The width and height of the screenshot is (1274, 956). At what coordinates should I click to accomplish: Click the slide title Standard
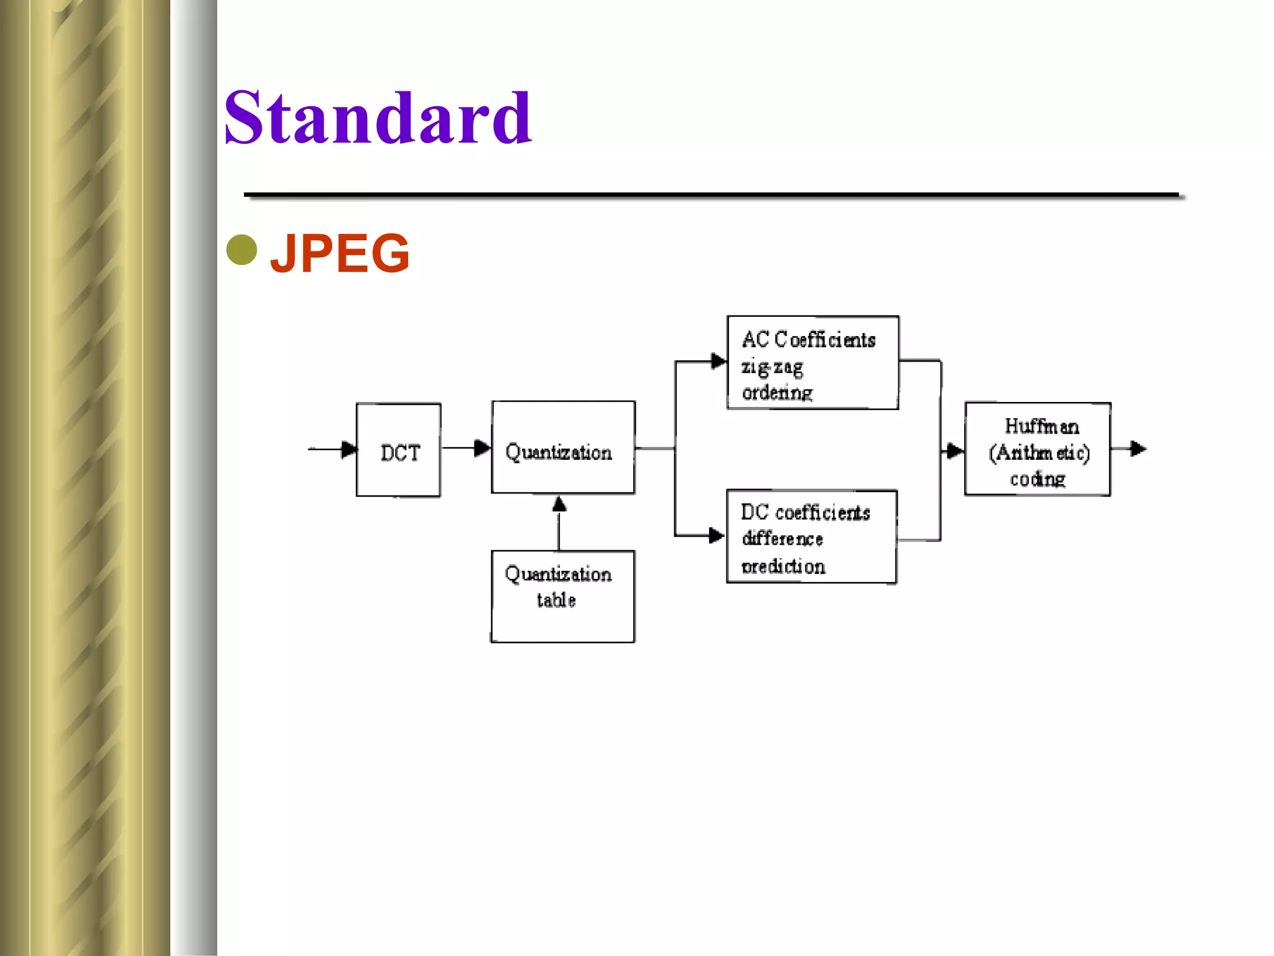(378, 118)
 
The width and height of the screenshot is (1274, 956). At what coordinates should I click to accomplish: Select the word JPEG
(340, 253)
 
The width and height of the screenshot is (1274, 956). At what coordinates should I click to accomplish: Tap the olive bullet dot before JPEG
(242, 250)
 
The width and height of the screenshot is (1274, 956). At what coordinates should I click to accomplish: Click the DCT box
(399, 449)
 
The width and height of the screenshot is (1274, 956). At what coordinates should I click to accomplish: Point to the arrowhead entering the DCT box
(349, 449)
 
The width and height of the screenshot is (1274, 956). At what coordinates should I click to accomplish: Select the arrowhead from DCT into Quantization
(481, 448)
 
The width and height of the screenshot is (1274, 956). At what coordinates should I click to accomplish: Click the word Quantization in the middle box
(558, 452)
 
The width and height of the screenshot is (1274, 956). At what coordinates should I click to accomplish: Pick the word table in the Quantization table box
(556, 600)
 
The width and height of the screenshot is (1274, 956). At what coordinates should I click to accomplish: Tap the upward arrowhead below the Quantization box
(559, 504)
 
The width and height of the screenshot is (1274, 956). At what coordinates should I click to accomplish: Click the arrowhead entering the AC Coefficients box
(718, 361)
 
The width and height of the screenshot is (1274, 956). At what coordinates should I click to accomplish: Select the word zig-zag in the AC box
(772, 367)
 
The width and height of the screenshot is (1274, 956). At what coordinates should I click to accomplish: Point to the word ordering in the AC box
(777, 393)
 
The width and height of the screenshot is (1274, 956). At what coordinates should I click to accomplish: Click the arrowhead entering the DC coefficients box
(717, 535)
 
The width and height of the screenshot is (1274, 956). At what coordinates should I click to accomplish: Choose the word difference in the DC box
(782, 539)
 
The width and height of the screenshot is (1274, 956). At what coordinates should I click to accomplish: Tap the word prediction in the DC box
(783, 566)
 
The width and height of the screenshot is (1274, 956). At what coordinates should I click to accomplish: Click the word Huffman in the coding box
(1041, 426)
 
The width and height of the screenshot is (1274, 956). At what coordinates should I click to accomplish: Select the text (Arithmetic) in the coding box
(1039, 453)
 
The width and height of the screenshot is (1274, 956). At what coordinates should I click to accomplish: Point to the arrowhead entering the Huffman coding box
(954, 450)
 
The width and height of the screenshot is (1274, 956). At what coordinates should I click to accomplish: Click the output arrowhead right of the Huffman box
(1138, 448)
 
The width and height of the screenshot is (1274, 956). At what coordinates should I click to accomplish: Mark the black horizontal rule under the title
(711, 195)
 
